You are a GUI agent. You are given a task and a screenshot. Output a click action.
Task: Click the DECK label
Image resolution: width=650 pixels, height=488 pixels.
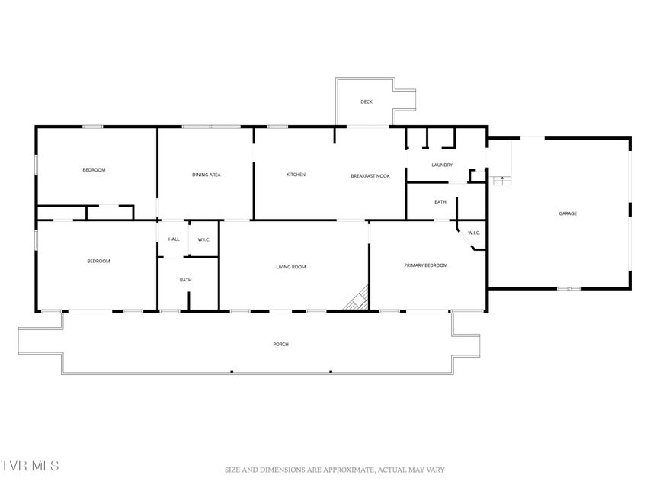(x=367, y=101)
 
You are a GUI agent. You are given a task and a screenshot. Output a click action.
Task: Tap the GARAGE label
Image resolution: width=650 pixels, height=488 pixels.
(x=568, y=213)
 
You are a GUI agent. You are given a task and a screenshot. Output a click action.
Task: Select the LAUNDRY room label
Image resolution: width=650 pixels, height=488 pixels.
(x=442, y=165)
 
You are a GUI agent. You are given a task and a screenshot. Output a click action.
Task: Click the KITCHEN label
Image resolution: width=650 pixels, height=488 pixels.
(x=296, y=175)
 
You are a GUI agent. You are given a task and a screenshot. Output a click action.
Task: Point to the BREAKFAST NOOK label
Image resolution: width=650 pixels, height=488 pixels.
(x=370, y=176)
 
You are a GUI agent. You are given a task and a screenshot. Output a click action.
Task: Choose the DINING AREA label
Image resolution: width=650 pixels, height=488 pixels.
(x=206, y=175)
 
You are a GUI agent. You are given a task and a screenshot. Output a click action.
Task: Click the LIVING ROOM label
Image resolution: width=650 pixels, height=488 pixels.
(x=291, y=267)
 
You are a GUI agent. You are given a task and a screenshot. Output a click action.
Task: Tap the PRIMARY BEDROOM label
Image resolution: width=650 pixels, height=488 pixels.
(x=426, y=265)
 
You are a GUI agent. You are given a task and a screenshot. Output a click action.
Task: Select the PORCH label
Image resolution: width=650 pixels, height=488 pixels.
(x=280, y=345)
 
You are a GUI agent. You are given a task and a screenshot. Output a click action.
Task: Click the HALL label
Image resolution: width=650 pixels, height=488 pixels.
(x=174, y=239)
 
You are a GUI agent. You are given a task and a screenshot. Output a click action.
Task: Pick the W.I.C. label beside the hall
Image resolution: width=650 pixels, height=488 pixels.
(x=203, y=240)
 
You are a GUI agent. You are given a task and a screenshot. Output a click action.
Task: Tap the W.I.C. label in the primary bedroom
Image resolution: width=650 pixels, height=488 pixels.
(x=474, y=233)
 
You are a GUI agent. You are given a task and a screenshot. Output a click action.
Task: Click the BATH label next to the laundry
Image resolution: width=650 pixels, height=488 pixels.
(x=440, y=202)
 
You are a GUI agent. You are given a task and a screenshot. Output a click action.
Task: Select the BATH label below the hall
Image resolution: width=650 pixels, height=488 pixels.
(x=185, y=280)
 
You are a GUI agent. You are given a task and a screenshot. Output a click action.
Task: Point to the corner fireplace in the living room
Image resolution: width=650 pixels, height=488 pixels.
(x=357, y=298)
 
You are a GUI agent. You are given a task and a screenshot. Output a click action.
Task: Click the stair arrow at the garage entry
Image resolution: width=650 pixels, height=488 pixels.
(x=503, y=179)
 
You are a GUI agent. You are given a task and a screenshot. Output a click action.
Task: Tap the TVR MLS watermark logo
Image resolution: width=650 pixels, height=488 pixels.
(x=30, y=465)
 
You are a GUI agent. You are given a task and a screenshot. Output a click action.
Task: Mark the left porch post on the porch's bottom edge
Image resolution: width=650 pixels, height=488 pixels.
(x=232, y=371)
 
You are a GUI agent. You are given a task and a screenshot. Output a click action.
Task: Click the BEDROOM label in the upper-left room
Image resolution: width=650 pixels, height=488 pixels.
(x=94, y=170)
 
